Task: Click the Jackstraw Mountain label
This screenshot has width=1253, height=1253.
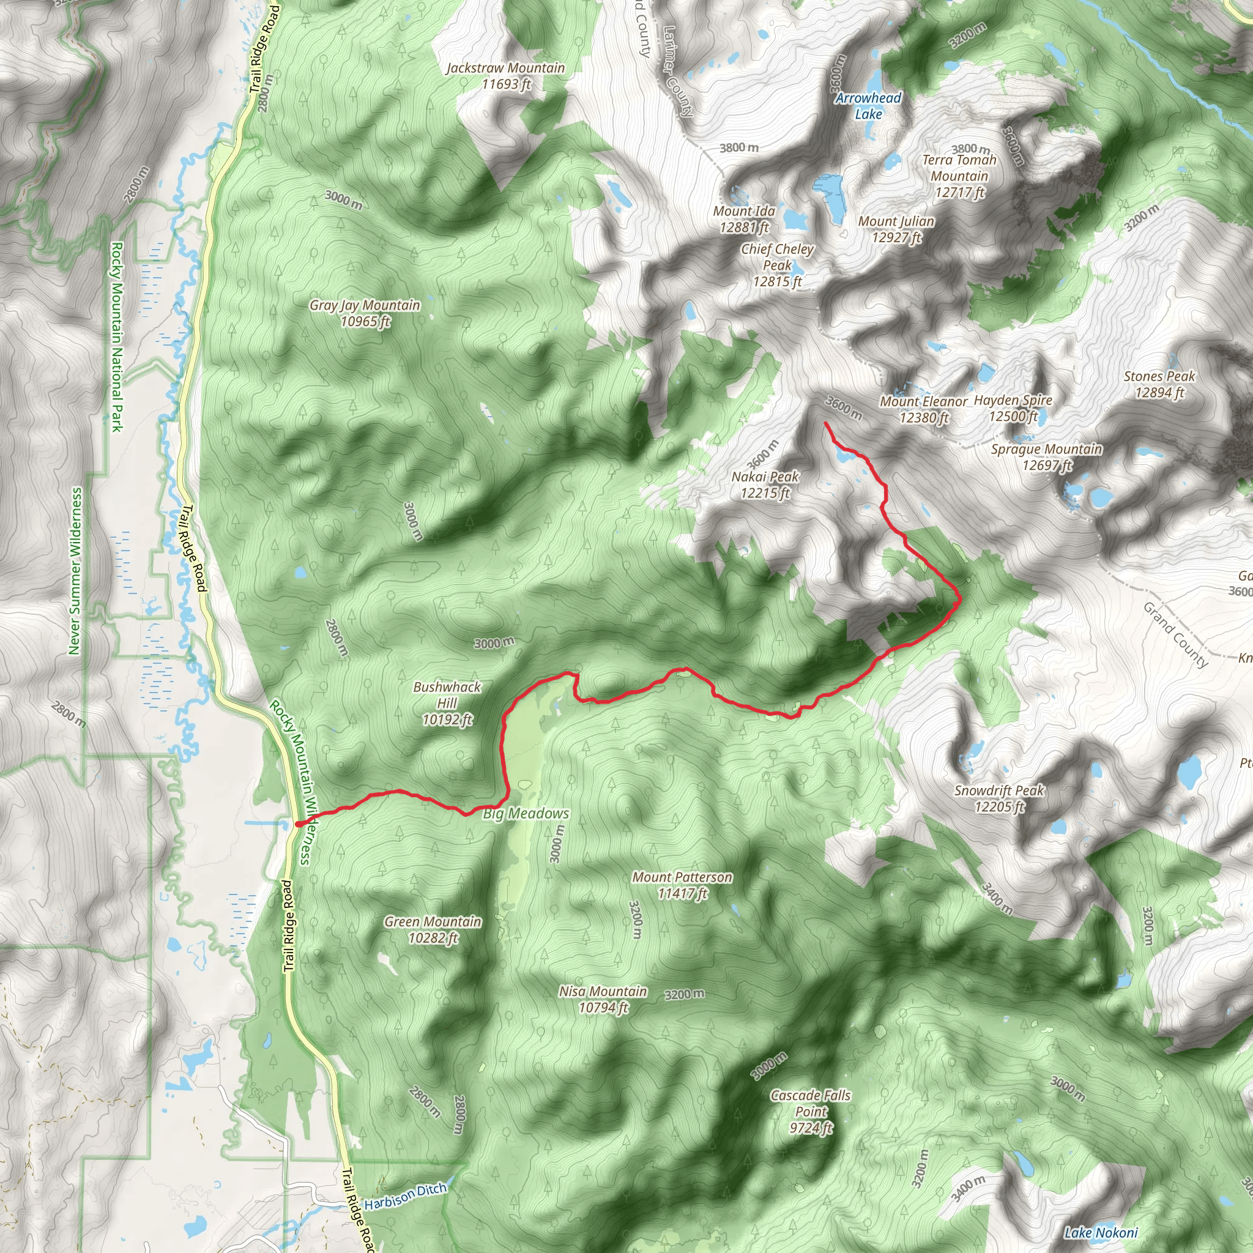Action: pyautogui.click(x=506, y=76)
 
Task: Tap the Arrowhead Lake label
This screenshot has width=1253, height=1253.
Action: pyautogui.click(x=868, y=106)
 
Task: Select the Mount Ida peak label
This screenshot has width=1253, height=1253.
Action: pyautogui.click(x=744, y=219)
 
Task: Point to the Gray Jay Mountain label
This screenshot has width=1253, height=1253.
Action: pyautogui.click(x=365, y=313)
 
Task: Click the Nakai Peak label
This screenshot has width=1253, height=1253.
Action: pyautogui.click(x=765, y=485)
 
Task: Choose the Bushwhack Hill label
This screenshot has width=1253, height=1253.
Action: pyautogui.click(x=447, y=703)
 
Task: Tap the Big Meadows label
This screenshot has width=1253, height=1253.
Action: pyautogui.click(x=526, y=813)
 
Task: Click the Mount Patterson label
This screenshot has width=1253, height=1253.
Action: pyautogui.click(x=682, y=885)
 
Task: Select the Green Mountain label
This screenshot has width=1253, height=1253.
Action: pyautogui.click(x=433, y=929)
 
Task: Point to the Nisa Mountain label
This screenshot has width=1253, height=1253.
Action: pyautogui.click(x=603, y=1000)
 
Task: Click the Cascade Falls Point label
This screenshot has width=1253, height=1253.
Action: pyautogui.click(x=811, y=1112)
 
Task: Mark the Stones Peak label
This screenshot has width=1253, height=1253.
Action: pyautogui.click(x=1159, y=384)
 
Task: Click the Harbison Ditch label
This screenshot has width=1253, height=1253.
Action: pyautogui.click(x=406, y=1196)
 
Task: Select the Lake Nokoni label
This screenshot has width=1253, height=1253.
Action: pyautogui.click(x=1101, y=1233)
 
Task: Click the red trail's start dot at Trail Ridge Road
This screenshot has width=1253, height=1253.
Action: pyautogui.click(x=299, y=824)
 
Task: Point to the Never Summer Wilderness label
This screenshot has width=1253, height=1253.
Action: pyautogui.click(x=76, y=571)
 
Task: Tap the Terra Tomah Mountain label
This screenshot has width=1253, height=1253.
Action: pyautogui.click(x=959, y=176)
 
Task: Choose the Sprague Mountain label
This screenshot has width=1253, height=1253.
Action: pyautogui.click(x=1046, y=456)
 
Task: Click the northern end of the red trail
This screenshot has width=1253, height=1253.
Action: pyautogui.click(x=825, y=423)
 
